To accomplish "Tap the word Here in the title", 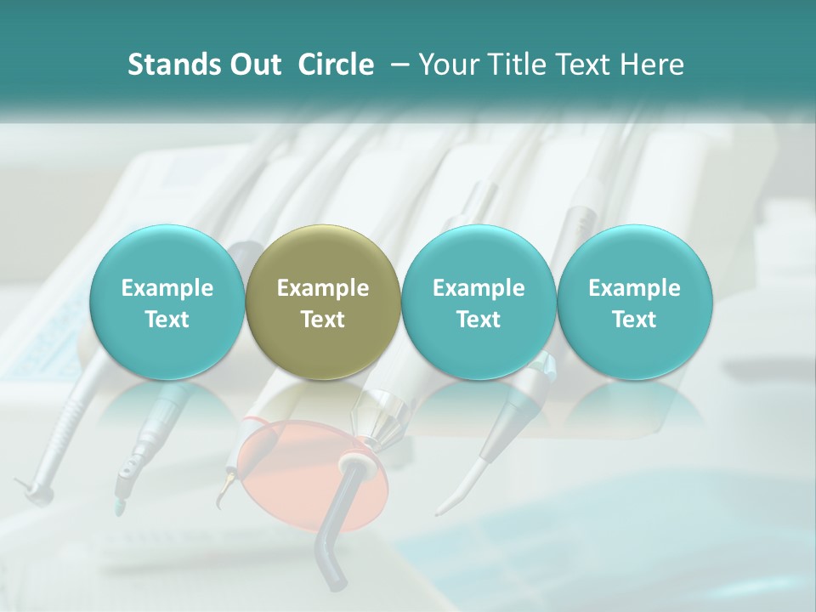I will [x=651, y=65].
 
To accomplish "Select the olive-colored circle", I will [x=322, y=303].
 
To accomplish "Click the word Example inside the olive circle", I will [x=323, y=288].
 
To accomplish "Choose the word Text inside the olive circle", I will [x=323, y=320].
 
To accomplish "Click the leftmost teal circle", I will [x=167, y=303].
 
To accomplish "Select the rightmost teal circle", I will [x=634, y=303].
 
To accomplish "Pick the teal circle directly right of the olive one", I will [x=479, y=303].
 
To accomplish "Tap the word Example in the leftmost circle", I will [x=167, y=288].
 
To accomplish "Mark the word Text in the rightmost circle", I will [x=634, y=320].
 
